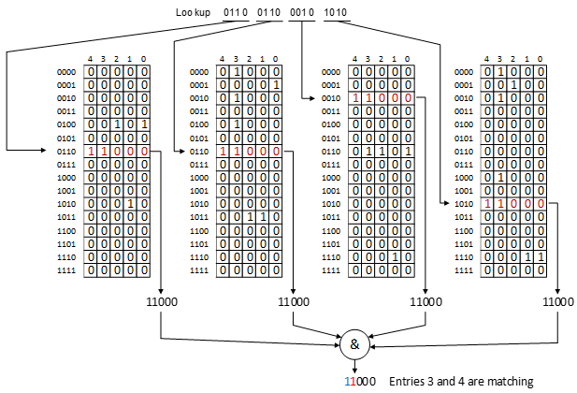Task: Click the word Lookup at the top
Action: point(193,12)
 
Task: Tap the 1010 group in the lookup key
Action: point(335,12)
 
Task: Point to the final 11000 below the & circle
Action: point(360,381)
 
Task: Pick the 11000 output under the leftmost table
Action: point(161,302)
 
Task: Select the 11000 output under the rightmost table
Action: point(558,302)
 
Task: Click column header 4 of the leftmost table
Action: point(91,59)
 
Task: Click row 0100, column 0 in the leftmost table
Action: point(144,124)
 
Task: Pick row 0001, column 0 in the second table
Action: point(277,84)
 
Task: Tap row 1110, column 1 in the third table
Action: point(397,255)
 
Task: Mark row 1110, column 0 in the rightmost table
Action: point(541,255)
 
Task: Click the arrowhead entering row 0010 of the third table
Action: point(344,97)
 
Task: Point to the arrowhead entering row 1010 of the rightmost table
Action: point(476,203)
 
